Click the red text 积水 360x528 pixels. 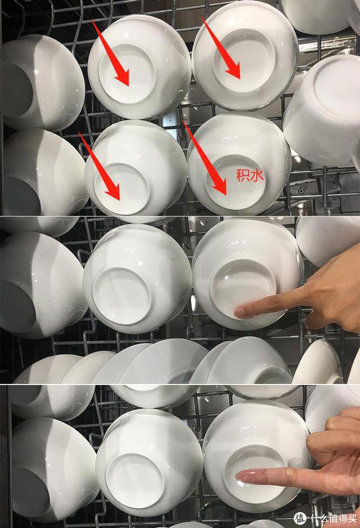(250, 176)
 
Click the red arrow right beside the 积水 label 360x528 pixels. (205, 158)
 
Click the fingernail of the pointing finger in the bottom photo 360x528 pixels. (241, 477)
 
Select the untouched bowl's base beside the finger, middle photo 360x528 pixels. (121, 296)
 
